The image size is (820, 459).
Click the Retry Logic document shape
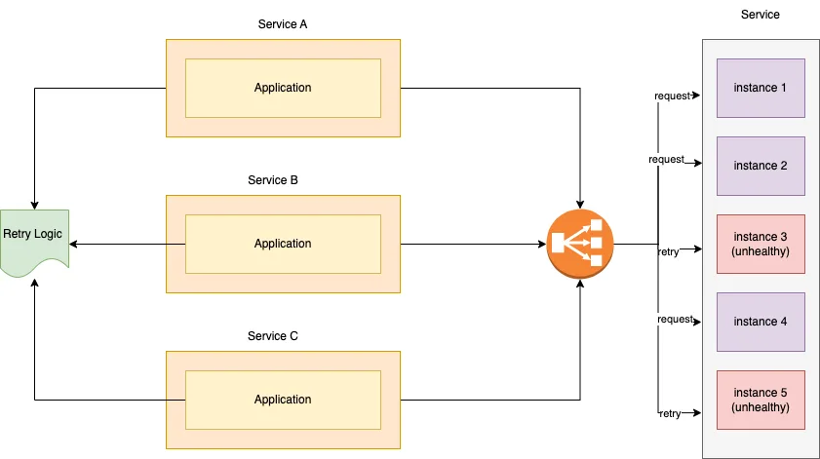(x=34, y=241)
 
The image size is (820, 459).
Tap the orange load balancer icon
(x=580, y=244)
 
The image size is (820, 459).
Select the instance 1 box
(x=761, y=88)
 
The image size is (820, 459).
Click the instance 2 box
(x=761, y=166)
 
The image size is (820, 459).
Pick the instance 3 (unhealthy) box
(x=761, y=244)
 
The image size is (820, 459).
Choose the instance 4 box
(x=761, y=322)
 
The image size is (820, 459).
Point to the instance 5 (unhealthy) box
(x=761, y=400)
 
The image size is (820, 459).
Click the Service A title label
(x=283, y=24)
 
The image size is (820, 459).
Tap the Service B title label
(x=272, y=180)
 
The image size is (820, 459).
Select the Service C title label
(x=272, y=336)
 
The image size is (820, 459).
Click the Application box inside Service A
(x=283, y=88)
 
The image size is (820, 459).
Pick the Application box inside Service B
(x=283, y=244)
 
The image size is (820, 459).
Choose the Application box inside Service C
(x=283, y=400)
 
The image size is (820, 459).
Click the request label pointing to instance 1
(x=673, y=96)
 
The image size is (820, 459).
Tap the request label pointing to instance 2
(x=666, y=160)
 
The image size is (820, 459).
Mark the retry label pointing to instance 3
(x=668, y=252)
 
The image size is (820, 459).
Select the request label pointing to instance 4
(x=676, y=320)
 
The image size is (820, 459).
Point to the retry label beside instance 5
(x=670, y=414)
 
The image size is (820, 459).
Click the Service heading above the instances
(x=760, y=15)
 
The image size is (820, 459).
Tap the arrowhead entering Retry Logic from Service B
(x=73, y=244)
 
